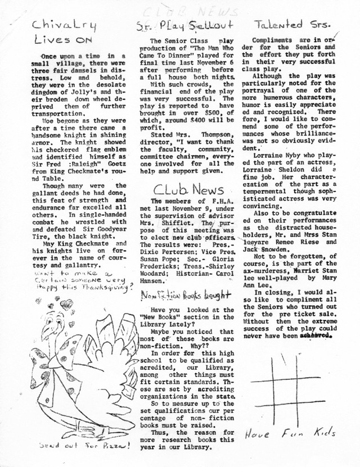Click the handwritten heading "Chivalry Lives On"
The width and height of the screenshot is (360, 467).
point(64,31)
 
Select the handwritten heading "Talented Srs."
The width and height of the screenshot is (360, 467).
point(292,24)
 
